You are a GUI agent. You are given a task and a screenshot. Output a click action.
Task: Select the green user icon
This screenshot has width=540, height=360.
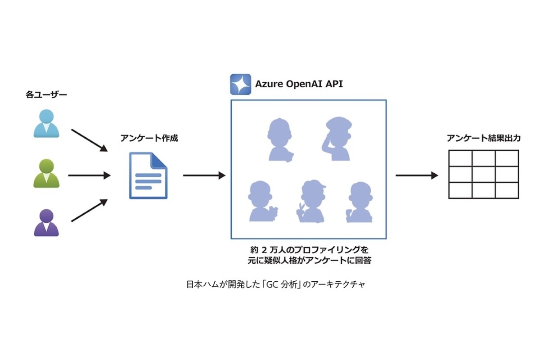46,173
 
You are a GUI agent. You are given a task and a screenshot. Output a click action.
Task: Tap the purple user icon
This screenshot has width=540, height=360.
46,223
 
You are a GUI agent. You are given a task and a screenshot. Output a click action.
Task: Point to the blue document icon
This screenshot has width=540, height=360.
148,175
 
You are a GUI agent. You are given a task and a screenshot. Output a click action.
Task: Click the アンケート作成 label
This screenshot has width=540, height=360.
149,138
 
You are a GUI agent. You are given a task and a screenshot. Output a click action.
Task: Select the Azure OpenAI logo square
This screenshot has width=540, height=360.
240,84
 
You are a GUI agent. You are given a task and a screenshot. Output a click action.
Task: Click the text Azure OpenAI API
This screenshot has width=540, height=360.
299,84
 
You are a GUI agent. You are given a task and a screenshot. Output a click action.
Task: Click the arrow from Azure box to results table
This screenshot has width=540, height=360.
416,175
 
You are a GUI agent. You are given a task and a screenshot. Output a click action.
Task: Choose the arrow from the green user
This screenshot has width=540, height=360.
89,175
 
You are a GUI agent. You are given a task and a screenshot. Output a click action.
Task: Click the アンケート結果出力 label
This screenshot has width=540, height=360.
484,138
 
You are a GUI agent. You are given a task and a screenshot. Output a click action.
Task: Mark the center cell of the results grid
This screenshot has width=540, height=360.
484,175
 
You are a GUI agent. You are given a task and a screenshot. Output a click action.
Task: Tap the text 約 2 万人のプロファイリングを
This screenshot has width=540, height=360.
309,249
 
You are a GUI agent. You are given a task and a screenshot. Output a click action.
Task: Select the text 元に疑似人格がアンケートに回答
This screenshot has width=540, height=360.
309,260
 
